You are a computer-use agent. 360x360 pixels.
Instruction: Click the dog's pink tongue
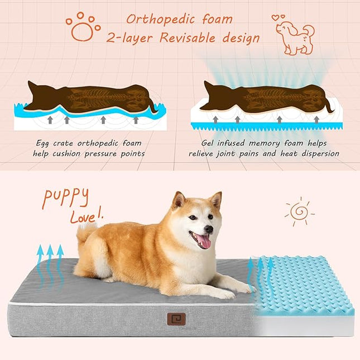[203, 241]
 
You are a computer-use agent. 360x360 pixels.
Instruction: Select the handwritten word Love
[85, 216]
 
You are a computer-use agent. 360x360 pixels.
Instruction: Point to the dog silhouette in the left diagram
[89, 98]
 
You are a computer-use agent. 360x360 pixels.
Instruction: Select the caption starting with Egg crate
[90, 148]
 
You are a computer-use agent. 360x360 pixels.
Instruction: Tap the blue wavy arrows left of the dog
[50, 262]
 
